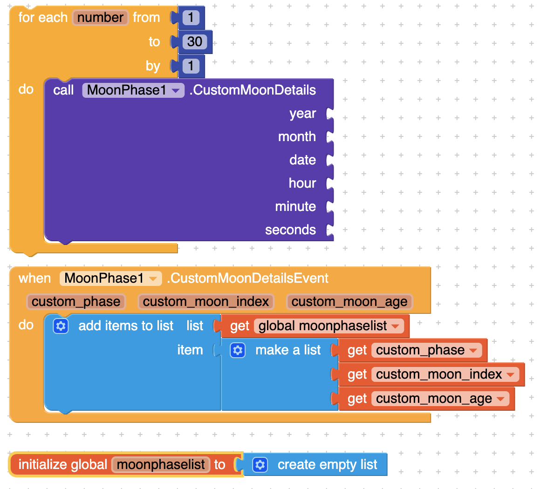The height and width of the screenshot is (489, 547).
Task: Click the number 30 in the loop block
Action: click(x=195, y=42)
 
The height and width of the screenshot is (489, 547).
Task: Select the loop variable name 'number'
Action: click(x=100, y=18)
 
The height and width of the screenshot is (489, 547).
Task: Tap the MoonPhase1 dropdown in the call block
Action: click(x=133, y=90)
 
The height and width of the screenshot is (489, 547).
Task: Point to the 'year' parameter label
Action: click(x=302, y=114)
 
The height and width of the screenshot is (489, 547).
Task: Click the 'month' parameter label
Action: click(x=297, y=137)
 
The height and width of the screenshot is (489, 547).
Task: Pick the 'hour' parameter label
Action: click(x=302, y=183)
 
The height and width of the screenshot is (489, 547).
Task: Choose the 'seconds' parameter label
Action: click(x=290, y=230)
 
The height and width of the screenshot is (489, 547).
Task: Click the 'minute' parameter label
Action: click(x=295, y=207)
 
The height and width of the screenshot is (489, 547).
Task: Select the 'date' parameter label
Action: click(x=302, y=160)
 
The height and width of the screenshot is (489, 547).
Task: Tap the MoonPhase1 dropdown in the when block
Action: click(x=110, y=278)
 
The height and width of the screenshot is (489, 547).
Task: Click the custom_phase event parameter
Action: click(x=76, y=302)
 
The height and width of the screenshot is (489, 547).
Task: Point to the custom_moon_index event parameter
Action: click(x=206, y=302)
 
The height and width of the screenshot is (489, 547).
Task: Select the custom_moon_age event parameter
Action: click(x=349, y=302)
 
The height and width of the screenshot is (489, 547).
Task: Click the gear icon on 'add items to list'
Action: click(x=61, y=326)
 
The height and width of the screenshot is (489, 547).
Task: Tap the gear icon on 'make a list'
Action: click(x=238, y=350)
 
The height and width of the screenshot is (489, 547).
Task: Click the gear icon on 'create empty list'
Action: click(x=260, y=465)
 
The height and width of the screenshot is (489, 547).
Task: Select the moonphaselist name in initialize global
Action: click(x=161, y=465)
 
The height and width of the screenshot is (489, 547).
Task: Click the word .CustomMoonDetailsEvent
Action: click(x=247, y=278)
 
